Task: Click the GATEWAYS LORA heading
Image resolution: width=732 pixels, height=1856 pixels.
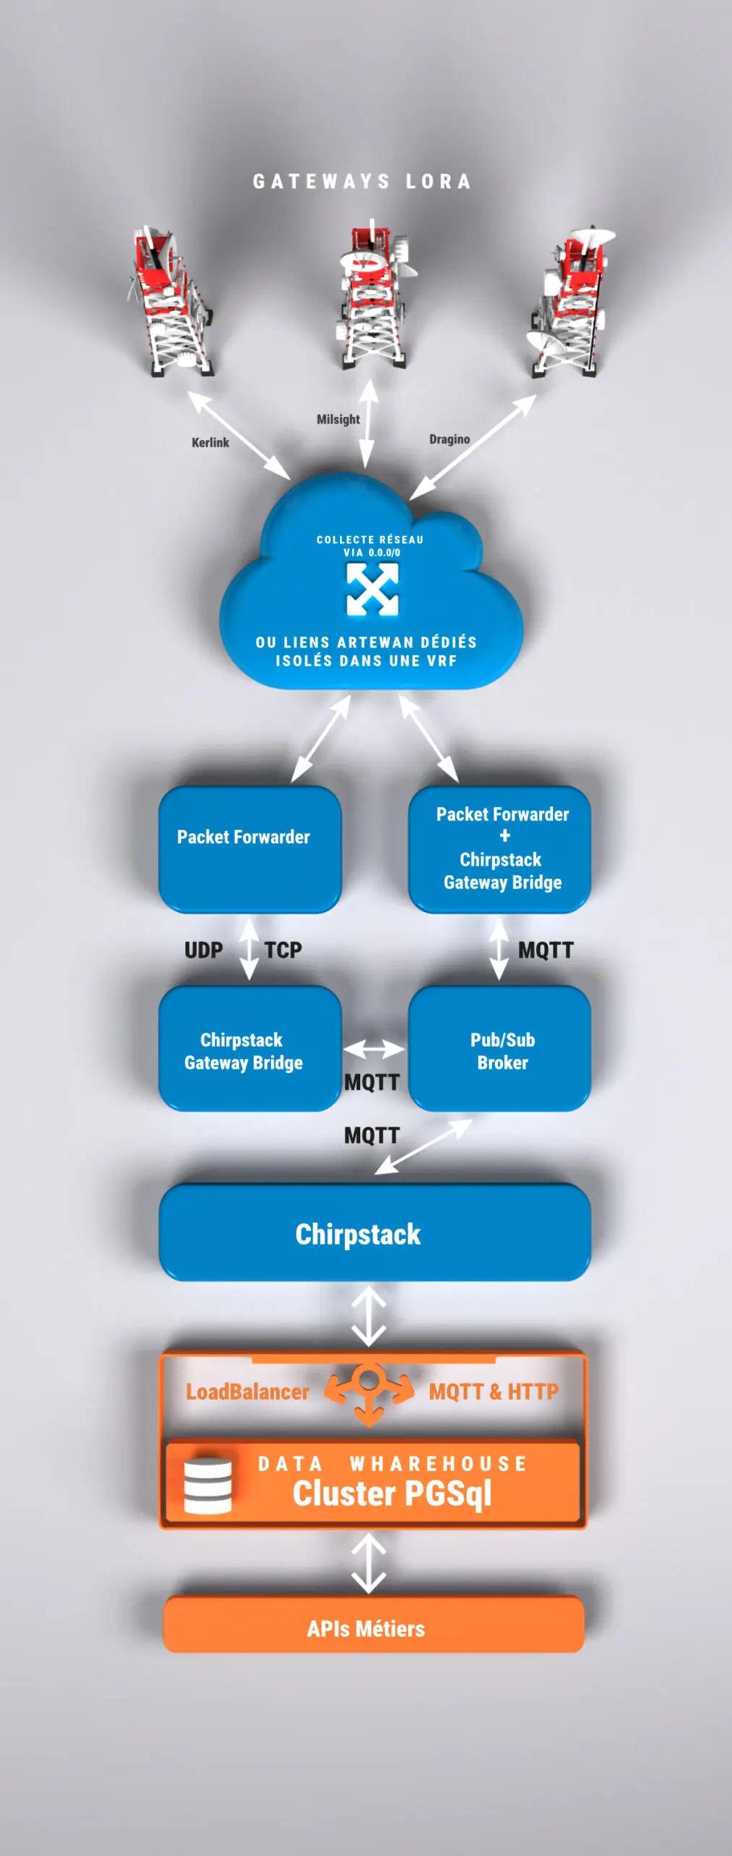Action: click(362, 181)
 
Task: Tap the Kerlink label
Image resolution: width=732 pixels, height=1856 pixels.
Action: click(210, 442)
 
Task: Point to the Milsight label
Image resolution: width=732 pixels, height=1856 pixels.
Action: click(338, 419)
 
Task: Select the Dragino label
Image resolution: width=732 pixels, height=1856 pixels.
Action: click(449, 439)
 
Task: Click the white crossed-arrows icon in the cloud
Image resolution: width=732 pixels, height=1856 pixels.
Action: click(373, 589)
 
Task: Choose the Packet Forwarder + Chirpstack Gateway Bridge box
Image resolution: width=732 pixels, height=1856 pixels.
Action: click(500, 848)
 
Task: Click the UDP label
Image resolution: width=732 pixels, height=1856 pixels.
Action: click(204, 950)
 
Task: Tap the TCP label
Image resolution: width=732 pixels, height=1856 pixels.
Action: click(283, 950)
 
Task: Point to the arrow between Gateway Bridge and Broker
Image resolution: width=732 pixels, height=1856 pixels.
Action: click(374, 1049)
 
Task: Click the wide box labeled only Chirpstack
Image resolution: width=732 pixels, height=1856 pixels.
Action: click(374, 1233)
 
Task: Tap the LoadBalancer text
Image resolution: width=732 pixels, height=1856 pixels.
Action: click(247, 1391)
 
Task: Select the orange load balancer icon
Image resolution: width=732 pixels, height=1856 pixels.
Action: click(369, 1392)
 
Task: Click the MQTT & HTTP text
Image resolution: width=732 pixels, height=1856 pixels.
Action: click(494, 1391)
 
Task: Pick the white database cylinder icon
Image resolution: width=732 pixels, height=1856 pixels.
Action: click(208, 1486)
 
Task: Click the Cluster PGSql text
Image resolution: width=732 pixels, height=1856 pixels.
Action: click(392, 1493)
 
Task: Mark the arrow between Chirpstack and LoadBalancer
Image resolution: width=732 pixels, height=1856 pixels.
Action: click(369, 1316)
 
